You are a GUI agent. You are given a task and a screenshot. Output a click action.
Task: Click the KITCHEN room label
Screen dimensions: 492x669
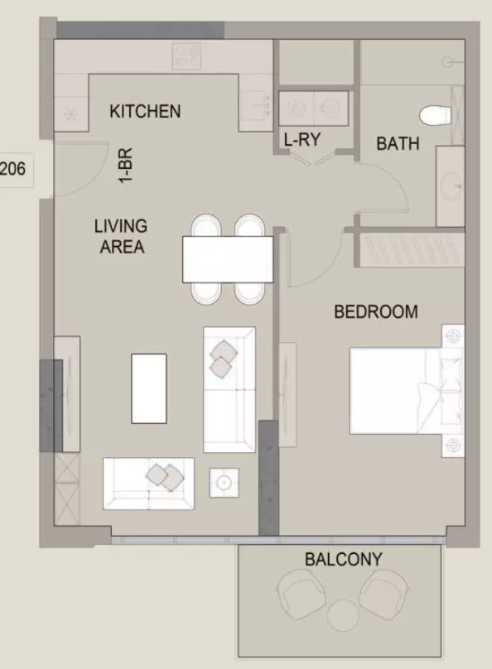145,111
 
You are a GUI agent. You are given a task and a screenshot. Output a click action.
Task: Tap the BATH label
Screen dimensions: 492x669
398,144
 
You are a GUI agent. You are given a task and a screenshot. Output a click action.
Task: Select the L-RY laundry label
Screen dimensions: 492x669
302,140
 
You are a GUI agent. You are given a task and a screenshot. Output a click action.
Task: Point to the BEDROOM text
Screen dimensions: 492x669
375,312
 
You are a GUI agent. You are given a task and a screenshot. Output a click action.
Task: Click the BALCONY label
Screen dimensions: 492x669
344,559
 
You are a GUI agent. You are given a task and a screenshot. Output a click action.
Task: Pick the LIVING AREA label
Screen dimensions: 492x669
121,236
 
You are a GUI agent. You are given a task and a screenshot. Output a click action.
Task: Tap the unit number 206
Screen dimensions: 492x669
12,169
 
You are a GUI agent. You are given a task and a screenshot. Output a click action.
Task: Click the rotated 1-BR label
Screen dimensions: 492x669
125,166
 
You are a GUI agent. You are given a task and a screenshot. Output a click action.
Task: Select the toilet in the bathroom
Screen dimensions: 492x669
435,115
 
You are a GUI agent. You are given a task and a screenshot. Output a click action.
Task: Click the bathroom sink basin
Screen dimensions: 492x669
451,186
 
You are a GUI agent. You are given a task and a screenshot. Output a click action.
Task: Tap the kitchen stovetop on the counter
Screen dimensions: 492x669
186,56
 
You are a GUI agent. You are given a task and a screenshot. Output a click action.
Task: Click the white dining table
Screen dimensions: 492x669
228,259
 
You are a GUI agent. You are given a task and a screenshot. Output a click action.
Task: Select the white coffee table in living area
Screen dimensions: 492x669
148,388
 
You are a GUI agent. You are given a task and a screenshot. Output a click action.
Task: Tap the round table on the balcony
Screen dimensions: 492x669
343,615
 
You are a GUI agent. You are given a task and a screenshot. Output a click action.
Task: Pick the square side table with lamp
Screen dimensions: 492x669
224,483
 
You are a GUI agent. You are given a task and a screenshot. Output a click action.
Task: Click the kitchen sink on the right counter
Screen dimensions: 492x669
255,105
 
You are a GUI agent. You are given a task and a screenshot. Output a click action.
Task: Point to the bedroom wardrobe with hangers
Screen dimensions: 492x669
412,250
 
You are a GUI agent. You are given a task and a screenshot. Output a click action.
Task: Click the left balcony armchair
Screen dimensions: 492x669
301,594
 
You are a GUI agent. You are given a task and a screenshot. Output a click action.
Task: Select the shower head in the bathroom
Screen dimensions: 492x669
447,63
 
